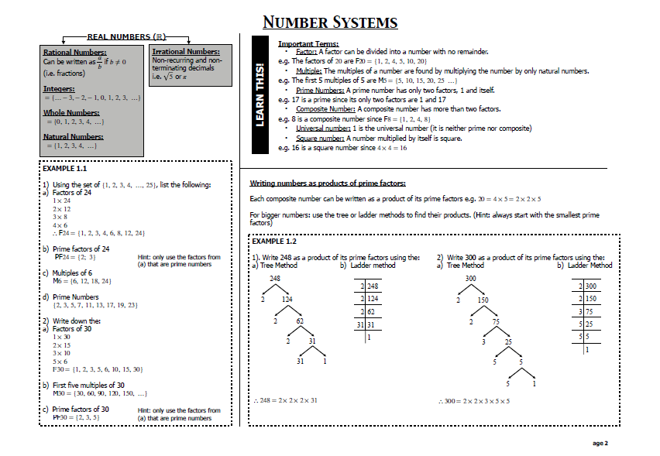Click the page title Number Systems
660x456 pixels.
coord(330,22)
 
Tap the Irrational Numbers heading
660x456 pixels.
coord(186,51)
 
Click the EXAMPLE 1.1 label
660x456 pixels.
coord(64,168)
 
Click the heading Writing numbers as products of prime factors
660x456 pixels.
coord(328,183)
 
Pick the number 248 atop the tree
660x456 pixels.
coord(274,277)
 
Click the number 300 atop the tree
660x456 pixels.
coord(470,277)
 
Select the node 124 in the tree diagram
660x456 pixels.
coord(287,299)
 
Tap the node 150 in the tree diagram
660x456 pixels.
coord(482,299)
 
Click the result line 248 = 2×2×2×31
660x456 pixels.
coord(287,400)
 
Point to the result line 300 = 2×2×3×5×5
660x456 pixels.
coord(474,400)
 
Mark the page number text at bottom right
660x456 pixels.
coord(600,443)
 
